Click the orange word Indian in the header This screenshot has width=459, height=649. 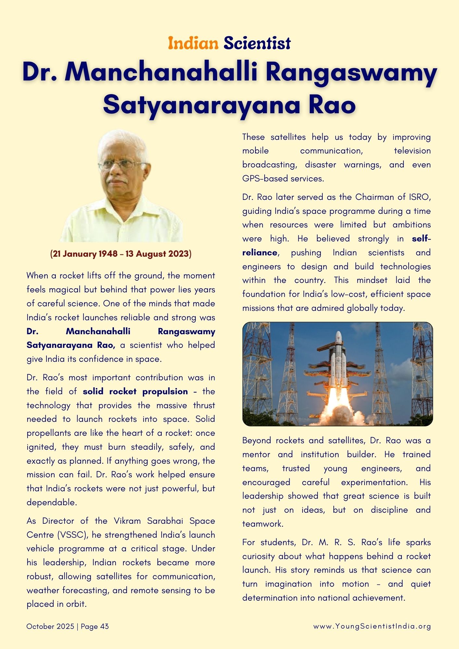[193, 43]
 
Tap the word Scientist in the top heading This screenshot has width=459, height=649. [257, 43]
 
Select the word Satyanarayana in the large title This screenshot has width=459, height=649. [201, 105]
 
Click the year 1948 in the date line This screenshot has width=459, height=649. [108, 254]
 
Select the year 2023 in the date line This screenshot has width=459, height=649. [178, 254]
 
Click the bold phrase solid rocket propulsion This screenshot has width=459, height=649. [135, 392]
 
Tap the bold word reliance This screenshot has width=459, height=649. [260, 253]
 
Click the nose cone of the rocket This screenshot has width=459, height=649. [339, 336]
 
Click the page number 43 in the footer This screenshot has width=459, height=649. [105, 627]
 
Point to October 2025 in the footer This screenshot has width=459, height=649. [50, 627]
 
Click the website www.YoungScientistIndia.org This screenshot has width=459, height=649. [372, 627]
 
